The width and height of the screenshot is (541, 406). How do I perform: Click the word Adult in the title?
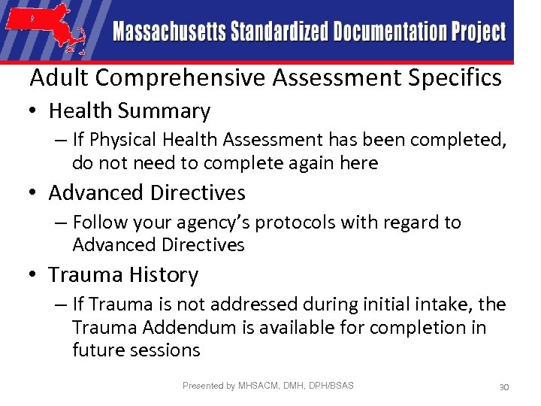pyautogui.click(x=60, y=77)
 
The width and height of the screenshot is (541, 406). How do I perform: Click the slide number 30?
pyautogui.click(x=504, y=386)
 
